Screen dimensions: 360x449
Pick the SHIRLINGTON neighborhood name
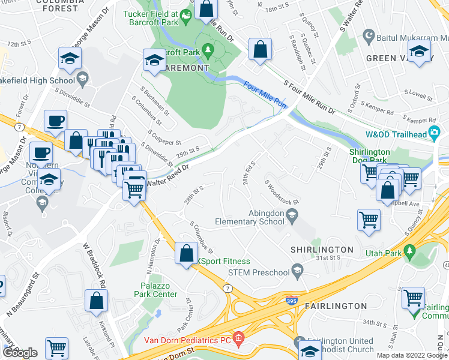pyautogui.click(x=322, y=250)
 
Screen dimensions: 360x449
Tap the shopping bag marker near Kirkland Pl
pyautogui.click(x=96, y=301)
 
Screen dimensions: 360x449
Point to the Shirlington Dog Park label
pyautogui.click(x=370, y=157)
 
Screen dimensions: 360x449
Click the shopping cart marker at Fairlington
pyautogui.click(x=414, y=298)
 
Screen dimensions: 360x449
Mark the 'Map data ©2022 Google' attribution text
pyautogui.click(x=411, y=355)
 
